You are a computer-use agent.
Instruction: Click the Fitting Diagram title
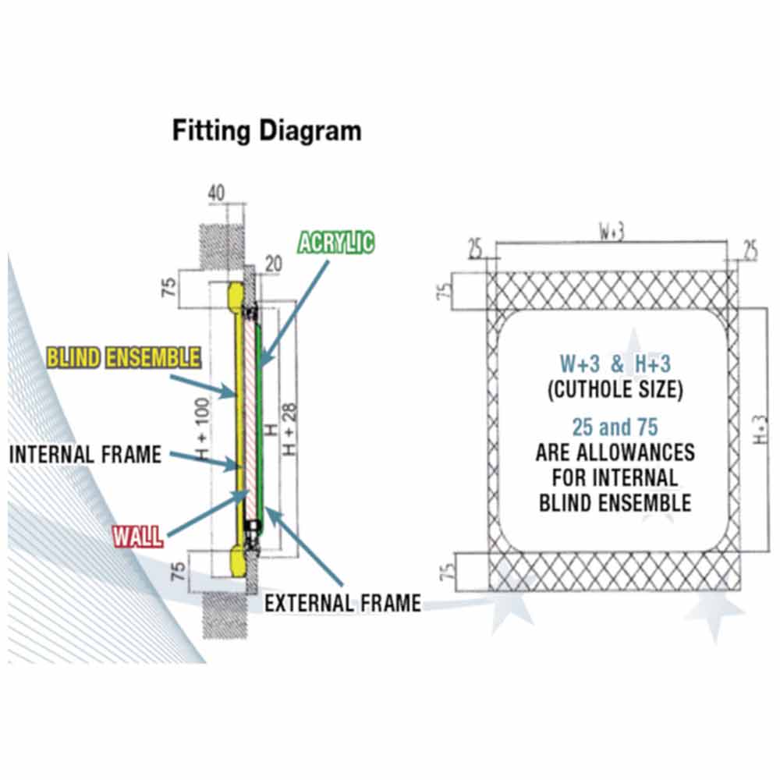pos(267,130)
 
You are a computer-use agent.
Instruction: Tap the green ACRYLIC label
pos(336,243)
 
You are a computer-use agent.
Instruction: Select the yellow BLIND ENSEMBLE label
pos(124,358)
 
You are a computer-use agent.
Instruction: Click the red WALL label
pos(138,536)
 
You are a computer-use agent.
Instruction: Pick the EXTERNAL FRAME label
pos(342,602)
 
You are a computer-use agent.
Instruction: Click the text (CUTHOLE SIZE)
pos(615,390)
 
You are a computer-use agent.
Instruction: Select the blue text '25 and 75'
pos(615,427)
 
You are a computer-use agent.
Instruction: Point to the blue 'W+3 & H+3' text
pos(615,363)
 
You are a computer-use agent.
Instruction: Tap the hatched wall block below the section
pos(222,612)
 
